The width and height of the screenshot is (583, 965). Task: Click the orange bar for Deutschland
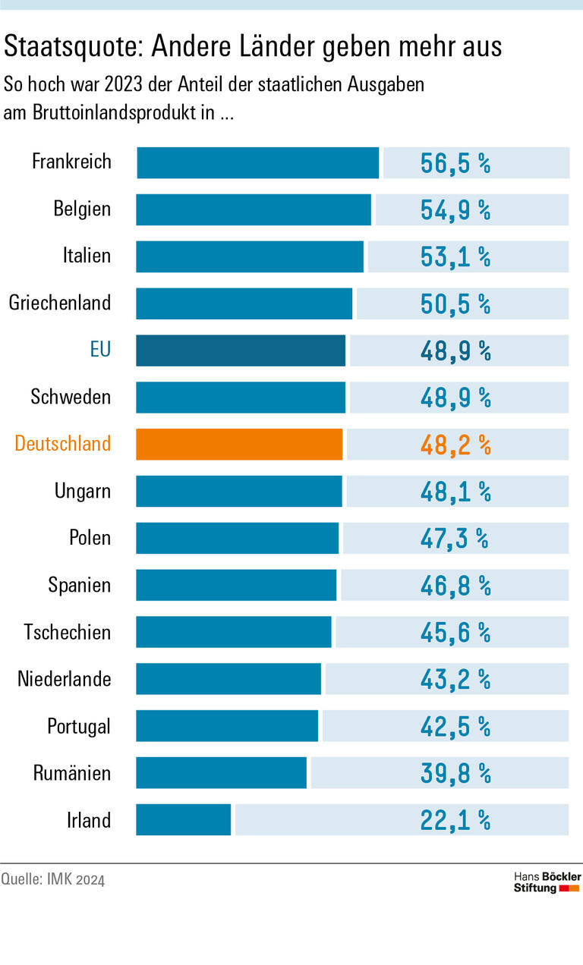[x=239, y=445]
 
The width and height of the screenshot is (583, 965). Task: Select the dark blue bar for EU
[x=241, y=350]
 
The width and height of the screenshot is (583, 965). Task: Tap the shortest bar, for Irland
[x=184, y=820]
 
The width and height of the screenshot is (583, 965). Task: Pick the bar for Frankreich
[x=257, y=163]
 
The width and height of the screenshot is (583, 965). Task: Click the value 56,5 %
[x=455, y=164]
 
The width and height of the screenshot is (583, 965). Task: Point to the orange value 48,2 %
[x=455, y=445]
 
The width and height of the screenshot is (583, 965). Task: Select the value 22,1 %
[x=455, y=821]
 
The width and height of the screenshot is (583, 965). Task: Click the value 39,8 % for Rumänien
[x=455, y=774]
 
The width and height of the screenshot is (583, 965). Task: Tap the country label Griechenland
[x=60, y=303]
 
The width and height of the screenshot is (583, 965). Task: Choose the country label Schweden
[x=71, y=397]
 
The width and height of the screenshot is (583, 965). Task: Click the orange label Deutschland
[x=63, y=444]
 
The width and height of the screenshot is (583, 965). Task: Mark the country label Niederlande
[x=65, y=679]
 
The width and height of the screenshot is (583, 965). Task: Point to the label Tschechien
[x=67, y=632]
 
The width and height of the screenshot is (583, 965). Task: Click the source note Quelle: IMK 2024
[x=53, y=879]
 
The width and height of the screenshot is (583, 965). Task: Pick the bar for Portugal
[x=227, y=726]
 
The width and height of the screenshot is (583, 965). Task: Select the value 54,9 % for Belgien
[x=455, y=211]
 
